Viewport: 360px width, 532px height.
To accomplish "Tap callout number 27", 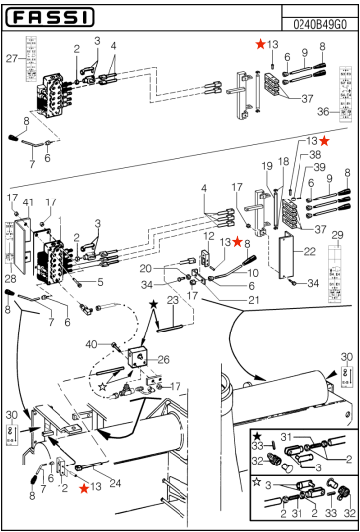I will tap(12, 59).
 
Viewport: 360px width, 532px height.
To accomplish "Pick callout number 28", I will tap(10, 279).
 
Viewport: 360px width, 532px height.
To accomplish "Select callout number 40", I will tap(103, 344).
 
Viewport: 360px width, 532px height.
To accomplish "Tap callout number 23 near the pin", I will tap(171, 300).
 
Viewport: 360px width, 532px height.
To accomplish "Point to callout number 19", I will tap(266, 165).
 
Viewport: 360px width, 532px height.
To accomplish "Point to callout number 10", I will tap(253, 273).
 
